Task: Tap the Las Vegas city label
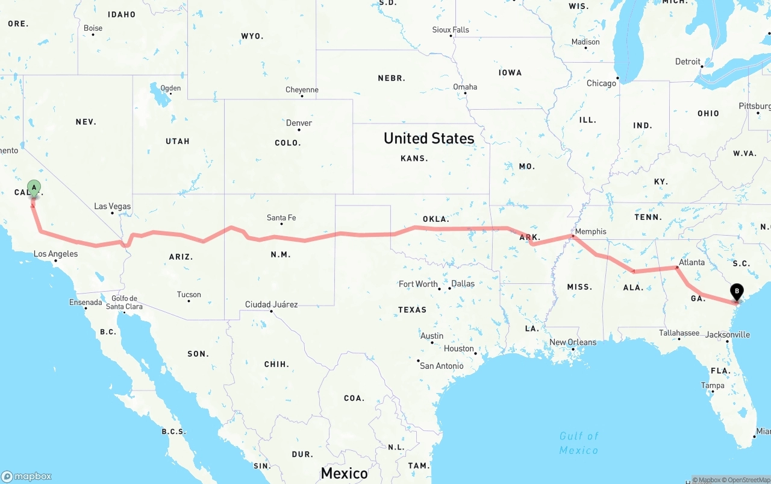click(x=113, y=206)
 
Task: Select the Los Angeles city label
click(x=55, y=254)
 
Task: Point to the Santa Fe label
click(x=281, y=218)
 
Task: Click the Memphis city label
click(x=590, y=231)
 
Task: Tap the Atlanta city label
click(x=691, y=262)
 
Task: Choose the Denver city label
click(x=299, y=123)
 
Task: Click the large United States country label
click(x=429, y=138)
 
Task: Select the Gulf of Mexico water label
click(x=578, y=443)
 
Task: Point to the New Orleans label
click(x=572, y=342)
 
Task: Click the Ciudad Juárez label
click(x=271, y=304)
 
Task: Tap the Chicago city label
click(x=601, y=83)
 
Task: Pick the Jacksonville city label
click(x=728, y=334)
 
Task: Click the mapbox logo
click(x=27, y=476)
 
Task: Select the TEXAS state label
click(x=412, y=310)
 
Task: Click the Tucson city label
click(x=189, y=295)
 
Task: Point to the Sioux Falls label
click(x=451, y=30)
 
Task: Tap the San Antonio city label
click(x=442, y=366)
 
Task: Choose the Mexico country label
click(x=344, y=473)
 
